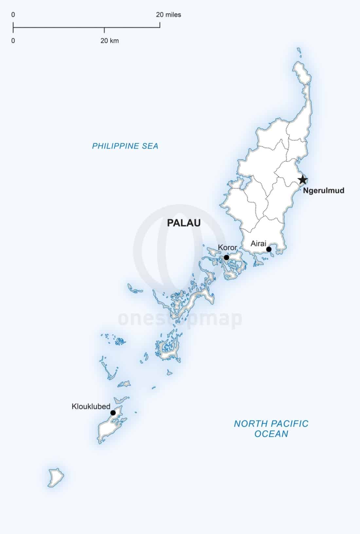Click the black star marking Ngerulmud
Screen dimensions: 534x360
click(x=303, y=180)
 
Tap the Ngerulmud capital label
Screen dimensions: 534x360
click(x=323, y=190)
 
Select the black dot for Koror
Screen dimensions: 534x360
click(x=226, y=258)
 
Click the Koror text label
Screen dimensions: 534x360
click(x=227, y=247)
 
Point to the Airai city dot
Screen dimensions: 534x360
click(x=269, y=249)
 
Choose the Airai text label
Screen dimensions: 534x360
click(x=258, y=243)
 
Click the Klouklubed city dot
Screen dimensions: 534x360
click(x=113, y=413)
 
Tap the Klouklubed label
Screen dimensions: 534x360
click(x=91, y=406)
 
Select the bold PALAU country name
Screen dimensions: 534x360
click(x=184, y=223)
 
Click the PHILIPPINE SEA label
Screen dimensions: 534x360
click(x=125, y=146)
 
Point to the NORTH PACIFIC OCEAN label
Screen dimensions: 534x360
click(x=271, y=429)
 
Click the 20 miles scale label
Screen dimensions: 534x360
click(x=168, y=15)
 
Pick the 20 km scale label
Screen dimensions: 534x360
click(x=109, y=41)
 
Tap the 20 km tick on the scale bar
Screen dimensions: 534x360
click(x=104, y=30)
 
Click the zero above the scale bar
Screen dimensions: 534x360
click(x=13, y=15)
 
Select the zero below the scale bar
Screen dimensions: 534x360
click(x=13, y=41)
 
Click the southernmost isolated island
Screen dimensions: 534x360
click(x=56, y=477)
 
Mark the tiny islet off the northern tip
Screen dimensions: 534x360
click(x=299, y=50)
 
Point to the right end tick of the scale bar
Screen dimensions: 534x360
click(x=160, y=25)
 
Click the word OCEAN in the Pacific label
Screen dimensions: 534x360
click(x=271, y=434)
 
